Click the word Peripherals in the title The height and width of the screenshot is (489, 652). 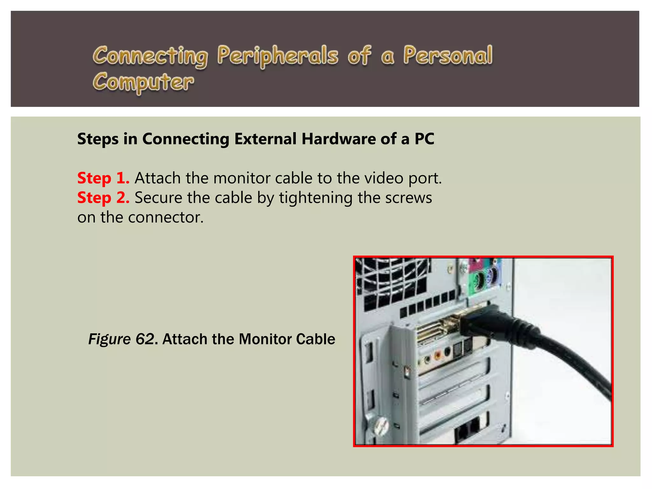pos(278,55)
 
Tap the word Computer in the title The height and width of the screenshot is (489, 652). pos(143,82)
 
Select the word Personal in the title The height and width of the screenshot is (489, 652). pos(448,55)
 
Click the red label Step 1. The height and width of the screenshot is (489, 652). pos(103,178)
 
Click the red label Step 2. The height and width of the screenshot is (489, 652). pos(103,198)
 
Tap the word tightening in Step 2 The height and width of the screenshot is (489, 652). pos(315,198)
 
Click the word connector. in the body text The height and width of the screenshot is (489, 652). pos(166,217)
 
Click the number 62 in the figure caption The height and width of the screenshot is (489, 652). pos(145,339)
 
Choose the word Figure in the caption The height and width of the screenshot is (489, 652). pos(109,339)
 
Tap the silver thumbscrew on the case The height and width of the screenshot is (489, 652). pos(381,426)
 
